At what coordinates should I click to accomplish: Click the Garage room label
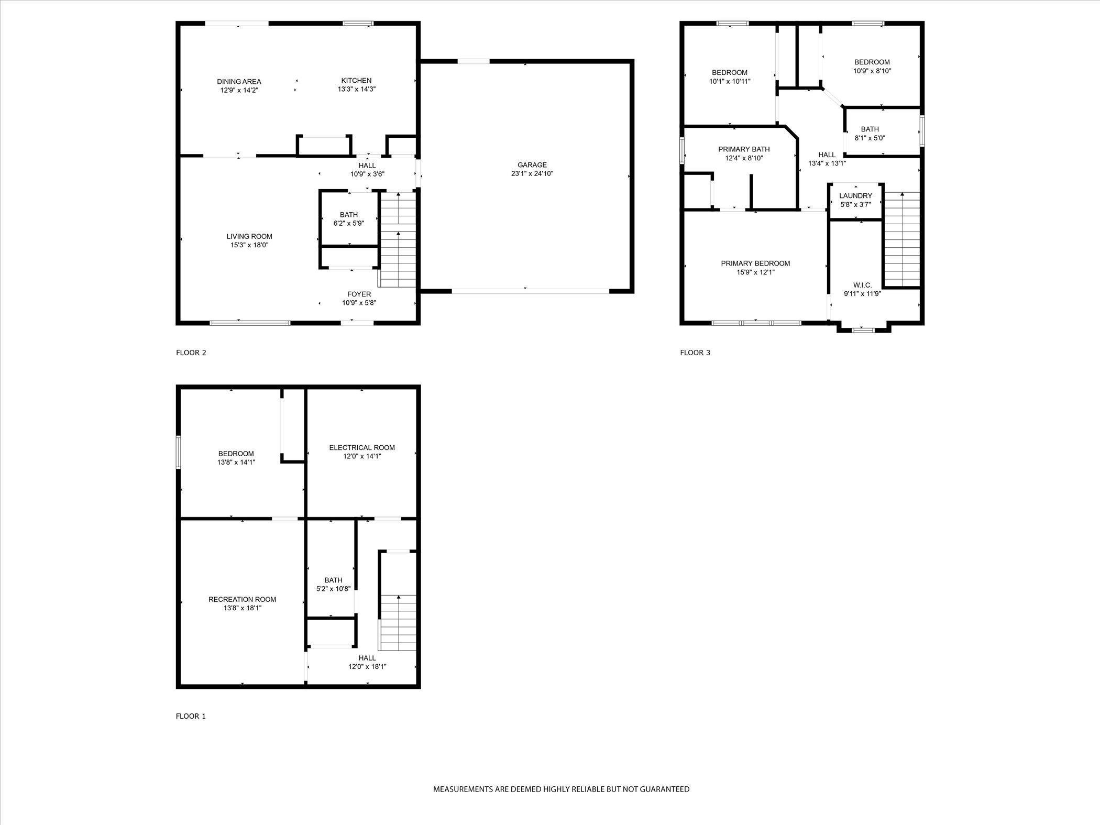(x=532, y=165)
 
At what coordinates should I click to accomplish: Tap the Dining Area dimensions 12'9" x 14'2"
(x=239, y=90)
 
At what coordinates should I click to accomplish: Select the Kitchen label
(x=356, y=81)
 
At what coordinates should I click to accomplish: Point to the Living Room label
(x=249, y=236)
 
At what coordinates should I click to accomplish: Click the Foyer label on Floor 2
(x=359, y=294)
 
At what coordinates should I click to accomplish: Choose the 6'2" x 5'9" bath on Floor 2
(x=349, y=219)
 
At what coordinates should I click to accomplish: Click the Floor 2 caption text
(x=191, y=353)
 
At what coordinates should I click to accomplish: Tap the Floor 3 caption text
(x=695, y=353)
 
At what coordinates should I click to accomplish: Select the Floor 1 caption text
(x=191, y=716)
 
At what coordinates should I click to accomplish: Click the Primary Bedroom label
(x=755, y=263)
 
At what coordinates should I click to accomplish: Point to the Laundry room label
(x=855, y=196)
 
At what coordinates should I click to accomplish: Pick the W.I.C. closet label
(x=862, y=285)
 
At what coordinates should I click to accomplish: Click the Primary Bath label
(x=744, y=149)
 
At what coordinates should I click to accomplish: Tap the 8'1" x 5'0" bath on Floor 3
(x=870, y=134)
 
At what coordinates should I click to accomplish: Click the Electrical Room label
(x=362, y=447)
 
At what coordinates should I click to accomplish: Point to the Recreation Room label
(x=242, y=599)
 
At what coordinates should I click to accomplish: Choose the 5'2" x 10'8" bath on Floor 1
(x=333, y=584)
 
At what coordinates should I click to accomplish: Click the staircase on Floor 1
(x=398, y=623)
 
